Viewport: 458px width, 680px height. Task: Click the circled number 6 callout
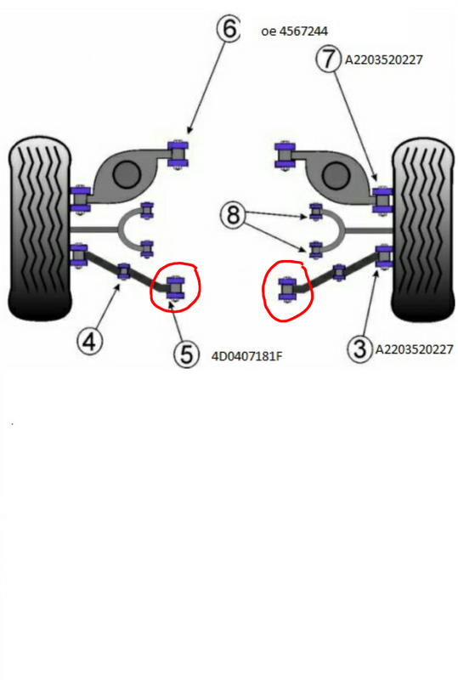pos(229,29)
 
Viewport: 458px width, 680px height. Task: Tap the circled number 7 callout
pos(329,59)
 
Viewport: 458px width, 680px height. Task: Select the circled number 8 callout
pos(234,215)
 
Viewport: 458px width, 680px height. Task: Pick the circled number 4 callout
pos(90,342)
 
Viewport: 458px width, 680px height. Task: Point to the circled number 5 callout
pos(186,354)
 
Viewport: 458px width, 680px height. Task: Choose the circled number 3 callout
pos(360,348)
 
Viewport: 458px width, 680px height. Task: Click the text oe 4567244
pos(294,31)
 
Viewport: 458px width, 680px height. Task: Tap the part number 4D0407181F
pos(246,356)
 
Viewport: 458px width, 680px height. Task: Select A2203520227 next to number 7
pos(383,59)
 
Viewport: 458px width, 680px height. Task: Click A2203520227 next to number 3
pos(414,349)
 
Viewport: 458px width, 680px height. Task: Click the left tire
pos(39,229)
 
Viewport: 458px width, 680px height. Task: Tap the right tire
pos(423,229)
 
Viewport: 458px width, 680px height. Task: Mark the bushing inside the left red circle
pos(176,286)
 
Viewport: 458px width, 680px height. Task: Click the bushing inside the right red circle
pos(286,290)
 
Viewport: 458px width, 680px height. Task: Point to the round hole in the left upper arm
pos(127,174)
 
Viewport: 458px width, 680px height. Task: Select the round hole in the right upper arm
pos(336,175)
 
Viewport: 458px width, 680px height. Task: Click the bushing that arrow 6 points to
pos(178,153)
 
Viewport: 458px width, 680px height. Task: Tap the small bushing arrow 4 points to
pos(123,271)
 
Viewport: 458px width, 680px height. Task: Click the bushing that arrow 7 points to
pos(382,200)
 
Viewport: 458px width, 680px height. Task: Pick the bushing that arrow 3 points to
pos(384,257)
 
